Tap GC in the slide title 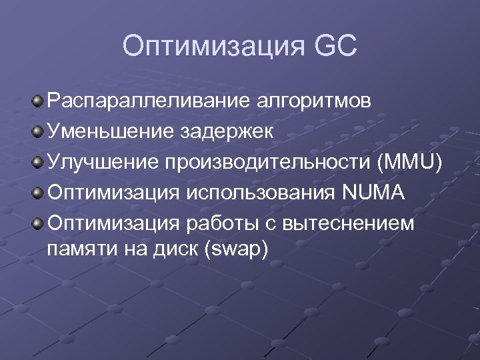pyautogui.click(x=333, y=46)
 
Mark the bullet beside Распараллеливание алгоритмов pyautogui.click(x=38, y=101)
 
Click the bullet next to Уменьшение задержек pyautogui.click(x=38, y=132)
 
